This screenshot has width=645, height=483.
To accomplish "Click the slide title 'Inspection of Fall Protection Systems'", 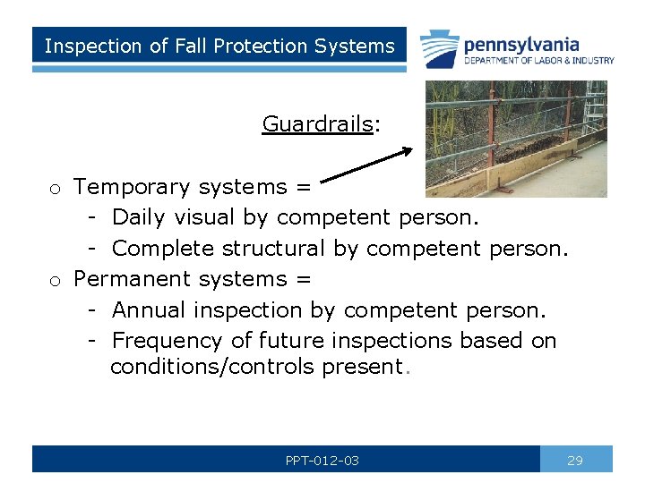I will pyautogui.click(x=219, y=46).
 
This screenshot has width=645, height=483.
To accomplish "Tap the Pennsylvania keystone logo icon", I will pyautogui.click(x=440, y=47).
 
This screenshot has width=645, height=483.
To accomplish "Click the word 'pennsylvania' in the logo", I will pyautogui.click(x=520, y=44).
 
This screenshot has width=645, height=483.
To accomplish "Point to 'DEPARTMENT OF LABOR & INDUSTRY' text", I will pyautogui.click(x=538, y=61).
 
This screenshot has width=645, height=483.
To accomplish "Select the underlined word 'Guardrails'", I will pyautogui.click(x=316, y=123).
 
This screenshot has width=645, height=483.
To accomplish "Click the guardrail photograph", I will pyautogui.click(x=515, y=139).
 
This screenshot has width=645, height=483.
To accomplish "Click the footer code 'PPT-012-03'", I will pyautogui.click(x=322, y=461).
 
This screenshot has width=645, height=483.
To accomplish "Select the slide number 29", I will pyautogui.click(x=575, y=461).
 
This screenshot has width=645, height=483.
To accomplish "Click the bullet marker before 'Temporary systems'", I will pyautogui.click(x=56, y=189).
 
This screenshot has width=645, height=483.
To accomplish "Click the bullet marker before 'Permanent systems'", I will pyautogui.click(x=56, y=281).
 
